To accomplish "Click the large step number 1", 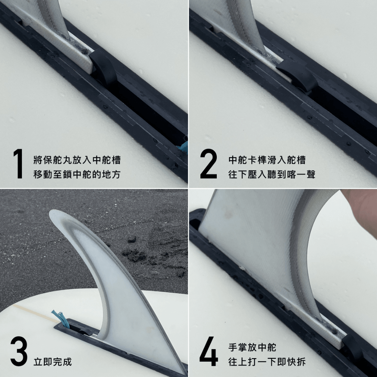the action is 18,164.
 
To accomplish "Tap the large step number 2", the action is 209,164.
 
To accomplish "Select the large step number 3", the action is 19,351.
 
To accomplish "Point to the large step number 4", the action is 209,351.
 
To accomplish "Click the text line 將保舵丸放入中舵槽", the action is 77,160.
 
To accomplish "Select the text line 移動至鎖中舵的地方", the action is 77,174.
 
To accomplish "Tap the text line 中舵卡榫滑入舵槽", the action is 267,160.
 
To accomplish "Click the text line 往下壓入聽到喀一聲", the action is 272,174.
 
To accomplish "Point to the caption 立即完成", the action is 53,362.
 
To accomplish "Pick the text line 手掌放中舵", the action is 252,347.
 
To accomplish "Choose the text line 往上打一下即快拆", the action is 267,362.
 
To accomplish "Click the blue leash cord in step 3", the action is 61,319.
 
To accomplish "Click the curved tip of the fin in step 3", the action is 54,214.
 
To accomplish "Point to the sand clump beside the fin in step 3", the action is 135,255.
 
